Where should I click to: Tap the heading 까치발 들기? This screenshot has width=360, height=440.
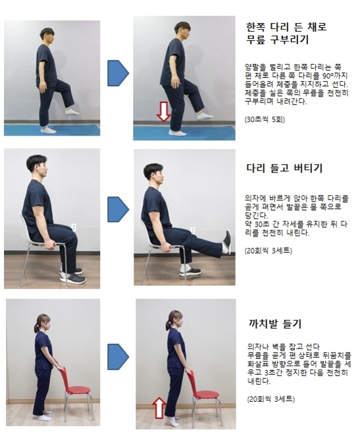273,323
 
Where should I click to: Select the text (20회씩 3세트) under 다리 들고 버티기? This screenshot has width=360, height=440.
268,251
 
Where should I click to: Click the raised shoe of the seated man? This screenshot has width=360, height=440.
226,242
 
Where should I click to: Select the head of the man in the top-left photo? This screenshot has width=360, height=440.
46,36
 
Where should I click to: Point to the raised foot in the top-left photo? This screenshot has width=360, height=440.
72,111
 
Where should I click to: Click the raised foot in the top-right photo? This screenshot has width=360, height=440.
205,115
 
